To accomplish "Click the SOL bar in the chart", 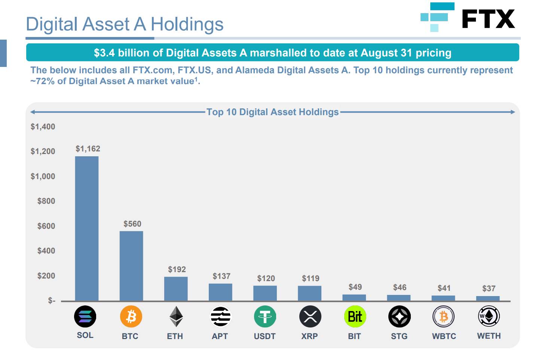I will click(87, 228).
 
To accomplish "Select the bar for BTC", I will click(131, 266).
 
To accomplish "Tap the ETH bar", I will click(176, 289).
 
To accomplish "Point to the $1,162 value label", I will click(88, 149).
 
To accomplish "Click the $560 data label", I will click(132, 224).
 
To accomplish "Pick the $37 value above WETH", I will click(489, 289).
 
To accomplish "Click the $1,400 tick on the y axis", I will click(43, 127).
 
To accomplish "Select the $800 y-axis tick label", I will click(46, 201).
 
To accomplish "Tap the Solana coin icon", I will click(85, 317).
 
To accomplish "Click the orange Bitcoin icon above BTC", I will click(131, 317).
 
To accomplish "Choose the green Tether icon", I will click(265, 317).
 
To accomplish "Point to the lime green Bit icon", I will click(355, 317).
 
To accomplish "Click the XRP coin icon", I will click(310, 317).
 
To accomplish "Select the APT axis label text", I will click(220, 336).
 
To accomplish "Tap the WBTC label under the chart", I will click(444, 336).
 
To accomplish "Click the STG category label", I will click(399, 336).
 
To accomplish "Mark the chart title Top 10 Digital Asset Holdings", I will click(272, 112).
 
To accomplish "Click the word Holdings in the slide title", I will click(187, 24).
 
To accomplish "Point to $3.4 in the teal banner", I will click(104, 53).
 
